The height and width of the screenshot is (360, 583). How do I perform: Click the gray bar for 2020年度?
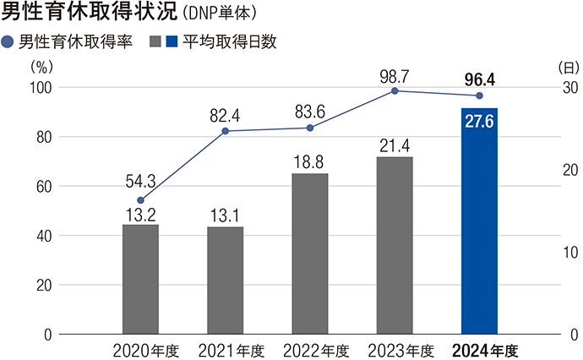coord(140,279)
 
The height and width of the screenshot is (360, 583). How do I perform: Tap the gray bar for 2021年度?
coord(225,281)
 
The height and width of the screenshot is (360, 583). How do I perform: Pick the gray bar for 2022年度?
coord(310,254)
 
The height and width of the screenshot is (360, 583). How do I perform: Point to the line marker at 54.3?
coord(140,200)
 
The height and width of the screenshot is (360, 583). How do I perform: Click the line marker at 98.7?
coord(395,90)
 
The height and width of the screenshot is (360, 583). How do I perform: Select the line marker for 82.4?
coord(225,131)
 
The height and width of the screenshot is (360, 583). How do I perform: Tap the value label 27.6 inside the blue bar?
coord(479,121)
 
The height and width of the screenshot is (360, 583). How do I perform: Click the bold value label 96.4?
coord(479,79)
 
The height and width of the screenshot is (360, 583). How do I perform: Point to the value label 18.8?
coord(310,161)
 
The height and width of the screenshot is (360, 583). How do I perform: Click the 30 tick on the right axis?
coord(569,88)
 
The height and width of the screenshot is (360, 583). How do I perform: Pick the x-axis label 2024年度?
coord(484,350)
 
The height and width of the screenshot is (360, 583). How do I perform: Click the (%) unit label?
coord(41,66)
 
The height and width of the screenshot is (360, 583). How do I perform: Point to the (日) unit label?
coord(567,66)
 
